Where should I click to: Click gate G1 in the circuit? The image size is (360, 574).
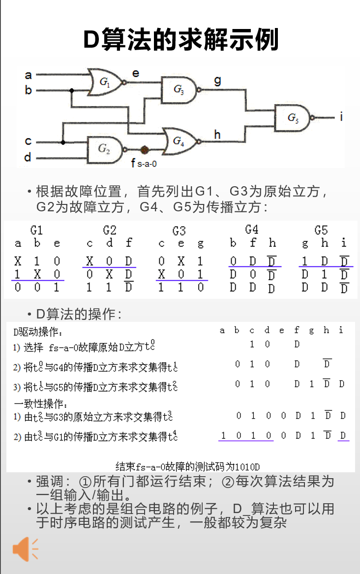coord(105,83)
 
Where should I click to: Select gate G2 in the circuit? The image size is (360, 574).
coord(105,149)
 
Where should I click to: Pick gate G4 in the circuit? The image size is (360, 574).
coord(179,141)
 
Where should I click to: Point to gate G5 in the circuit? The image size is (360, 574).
coord(293,117)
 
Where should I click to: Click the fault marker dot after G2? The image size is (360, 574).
coord(145,149)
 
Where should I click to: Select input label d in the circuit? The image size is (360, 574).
coord(28,157)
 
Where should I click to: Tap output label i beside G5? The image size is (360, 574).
coord(341,117)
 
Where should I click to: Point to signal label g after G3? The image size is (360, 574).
coord(217,81)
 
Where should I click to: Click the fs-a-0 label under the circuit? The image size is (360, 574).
coord(144,163)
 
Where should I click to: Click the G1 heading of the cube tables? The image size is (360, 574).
coord(37,230)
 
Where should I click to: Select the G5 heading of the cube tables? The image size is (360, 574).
coord(321,230)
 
